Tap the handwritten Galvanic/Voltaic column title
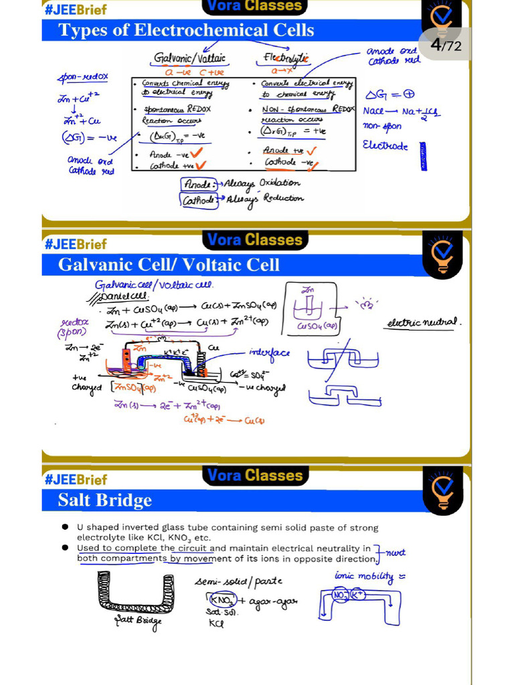(189, 59)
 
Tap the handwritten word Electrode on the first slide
(385, 145)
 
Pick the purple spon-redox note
(82, 78)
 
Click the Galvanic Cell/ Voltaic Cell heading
(169, 265)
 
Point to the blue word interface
(269, 353)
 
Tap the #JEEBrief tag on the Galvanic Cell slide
(76, 244)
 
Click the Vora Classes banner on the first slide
(254, 7)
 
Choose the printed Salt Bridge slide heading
(105, 500)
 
